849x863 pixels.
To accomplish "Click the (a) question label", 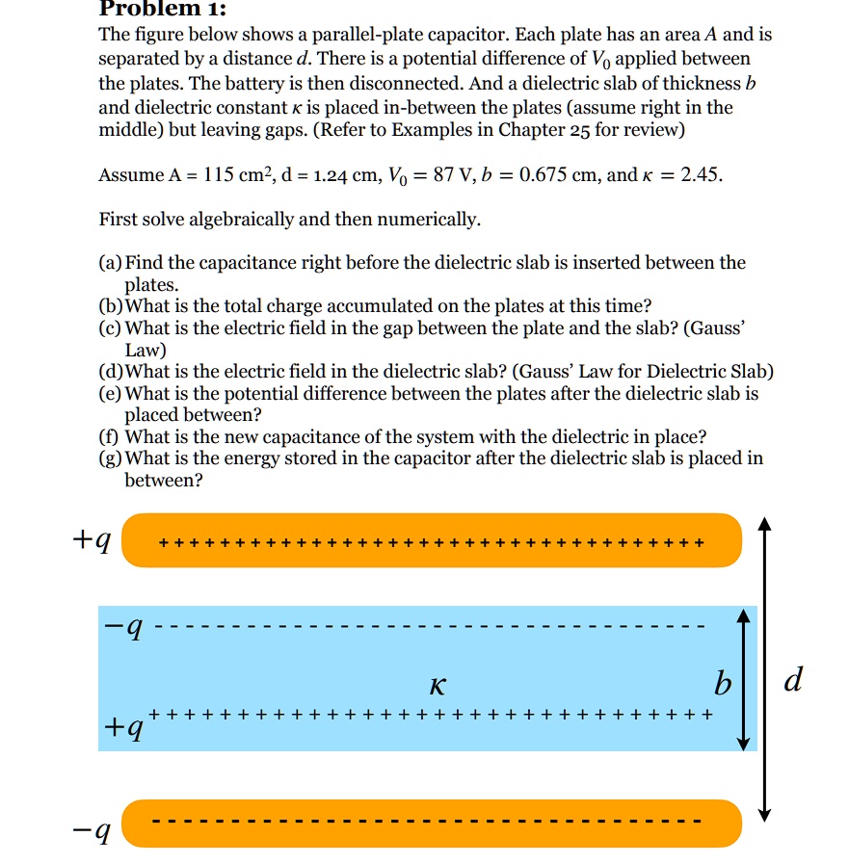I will pos(111,263).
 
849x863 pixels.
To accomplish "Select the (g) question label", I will pos(111,459).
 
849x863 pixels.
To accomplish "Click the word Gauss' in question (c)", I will pos(714,328).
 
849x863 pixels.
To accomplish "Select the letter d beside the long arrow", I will pos(792,681).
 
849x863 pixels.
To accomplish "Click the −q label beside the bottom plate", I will pos(94,830).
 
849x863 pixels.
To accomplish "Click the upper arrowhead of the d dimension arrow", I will pos(764,525).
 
